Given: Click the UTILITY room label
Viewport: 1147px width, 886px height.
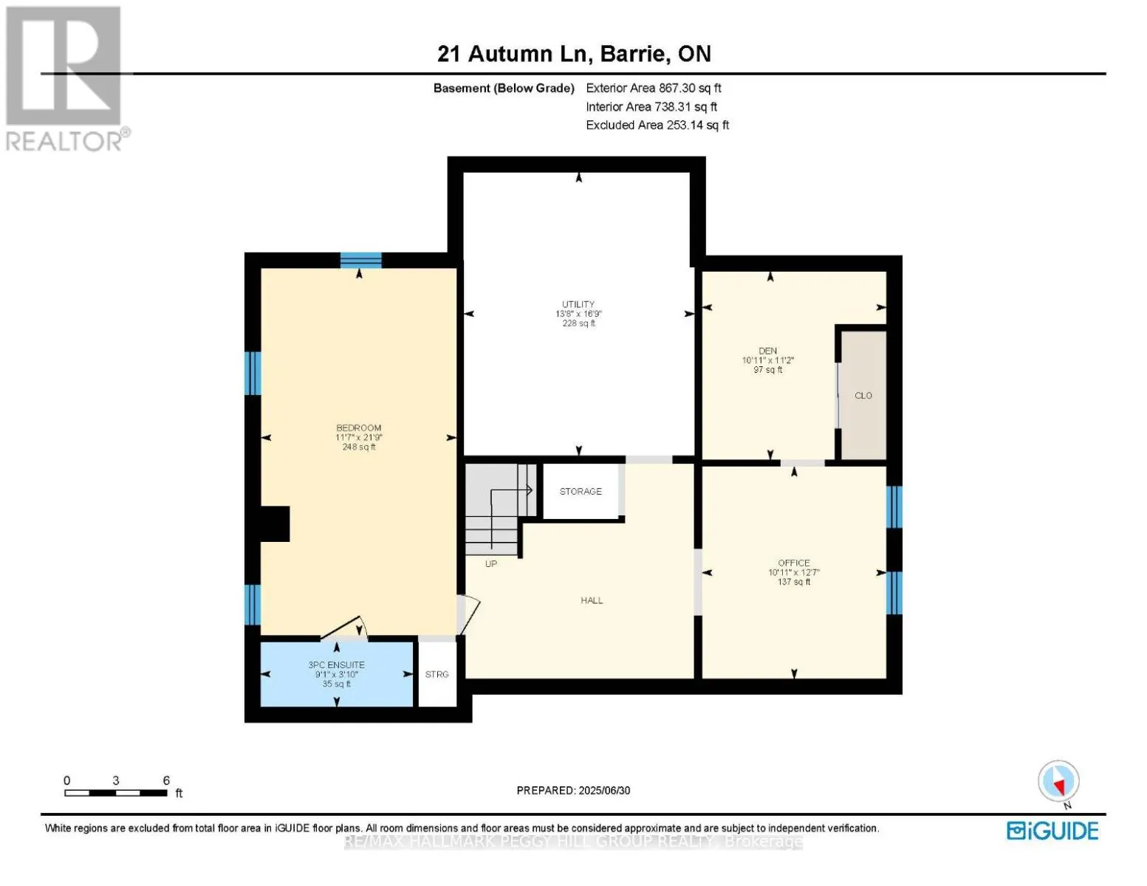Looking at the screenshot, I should (x=578, y=304).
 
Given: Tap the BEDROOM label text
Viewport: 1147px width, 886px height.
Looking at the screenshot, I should (x=359, y=428).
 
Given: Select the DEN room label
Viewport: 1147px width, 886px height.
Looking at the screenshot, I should (x=768, y=351).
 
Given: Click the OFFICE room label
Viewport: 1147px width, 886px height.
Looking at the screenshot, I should (x=794, y=563).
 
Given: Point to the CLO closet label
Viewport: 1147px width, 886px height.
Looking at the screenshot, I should (x=863, y=396).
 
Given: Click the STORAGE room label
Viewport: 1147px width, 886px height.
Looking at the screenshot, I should (x=581, y=491).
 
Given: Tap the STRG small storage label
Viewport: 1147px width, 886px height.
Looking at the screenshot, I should (x=437, y=674).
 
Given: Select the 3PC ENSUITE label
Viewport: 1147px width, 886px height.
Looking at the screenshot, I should (x=337, y=664).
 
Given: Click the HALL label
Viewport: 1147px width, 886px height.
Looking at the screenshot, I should (x=592, y=600).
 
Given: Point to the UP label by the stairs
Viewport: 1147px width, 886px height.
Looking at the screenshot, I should (x=491, y=563).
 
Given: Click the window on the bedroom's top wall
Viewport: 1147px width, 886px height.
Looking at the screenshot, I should (x=361, y=260).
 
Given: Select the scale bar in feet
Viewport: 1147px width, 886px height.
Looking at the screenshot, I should (x=116, y=792).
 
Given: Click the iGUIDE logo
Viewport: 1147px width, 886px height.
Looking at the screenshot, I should (x=1052, y=831).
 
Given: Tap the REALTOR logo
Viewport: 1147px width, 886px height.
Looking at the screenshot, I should (x=65, y=78).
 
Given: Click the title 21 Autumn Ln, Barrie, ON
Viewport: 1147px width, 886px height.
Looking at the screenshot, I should (x=574, y=54).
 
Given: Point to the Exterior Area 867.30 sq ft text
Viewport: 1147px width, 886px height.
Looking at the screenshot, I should (x=654, y=88).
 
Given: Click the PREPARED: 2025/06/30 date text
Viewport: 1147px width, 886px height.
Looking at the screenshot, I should (x=573, y=790).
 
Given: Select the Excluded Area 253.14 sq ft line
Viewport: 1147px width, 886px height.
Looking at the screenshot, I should (x=657, y=125).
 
